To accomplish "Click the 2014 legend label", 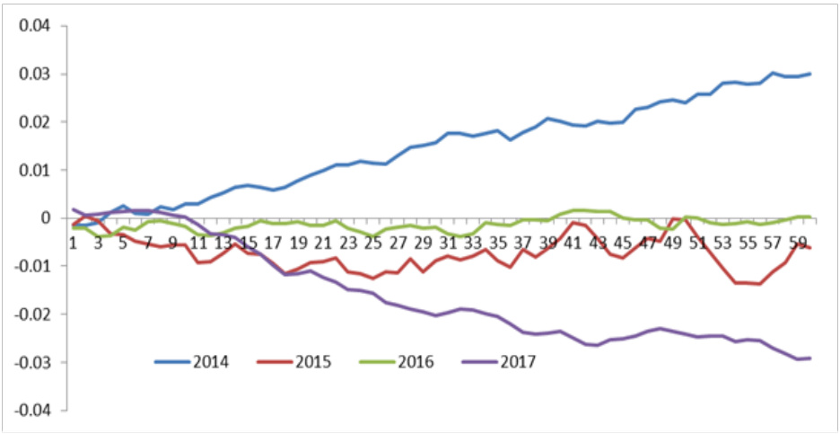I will click(x=212, y=363).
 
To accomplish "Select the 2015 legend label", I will click(x=314, y=363).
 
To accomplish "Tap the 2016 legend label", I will click(x=416, y=363).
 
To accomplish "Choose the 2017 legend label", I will click(x=518, y=363).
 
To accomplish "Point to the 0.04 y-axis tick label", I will click(x=36, y=26).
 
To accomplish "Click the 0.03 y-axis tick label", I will click(x=36, y=74).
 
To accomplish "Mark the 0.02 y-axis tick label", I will click(x=36, y=122).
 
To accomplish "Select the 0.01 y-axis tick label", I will click(x=36, y=170).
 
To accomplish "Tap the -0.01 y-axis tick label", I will click(x=34, y=266).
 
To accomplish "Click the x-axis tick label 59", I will click(x=795, y=242).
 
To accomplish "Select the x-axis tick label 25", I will click(x=373, y=242).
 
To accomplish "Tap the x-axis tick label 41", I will click(x=573, y=242).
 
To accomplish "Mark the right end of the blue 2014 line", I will click(x=810, y=74).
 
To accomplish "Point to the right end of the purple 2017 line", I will click(x=810, y=358).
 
